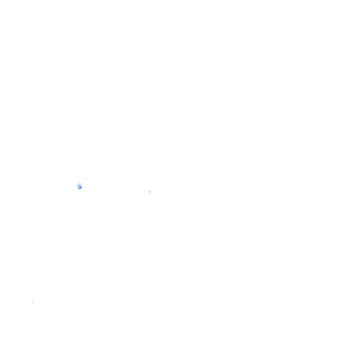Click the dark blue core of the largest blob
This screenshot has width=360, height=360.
[81, 187]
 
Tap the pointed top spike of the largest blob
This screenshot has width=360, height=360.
[79, 183]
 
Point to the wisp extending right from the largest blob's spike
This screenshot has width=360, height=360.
[82, 184]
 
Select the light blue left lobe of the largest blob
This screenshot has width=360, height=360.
[77, 186]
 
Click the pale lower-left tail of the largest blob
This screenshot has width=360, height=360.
[77, 189]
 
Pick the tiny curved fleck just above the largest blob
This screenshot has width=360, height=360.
[85, 179]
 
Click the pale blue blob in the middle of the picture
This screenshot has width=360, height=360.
[150, 192]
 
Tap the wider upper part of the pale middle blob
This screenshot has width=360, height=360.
[150, 191]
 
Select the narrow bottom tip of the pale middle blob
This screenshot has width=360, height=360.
[150, 194]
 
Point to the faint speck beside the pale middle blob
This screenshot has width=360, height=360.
[146, 189]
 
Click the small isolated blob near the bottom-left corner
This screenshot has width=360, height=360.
[32, 302]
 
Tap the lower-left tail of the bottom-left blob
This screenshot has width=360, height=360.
[31, 303]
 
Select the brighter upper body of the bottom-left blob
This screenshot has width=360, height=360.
[32, 302]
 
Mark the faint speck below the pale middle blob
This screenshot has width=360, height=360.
[154, 226]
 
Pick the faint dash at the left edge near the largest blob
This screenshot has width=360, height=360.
[27, 195]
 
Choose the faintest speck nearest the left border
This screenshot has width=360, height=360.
[12, 210]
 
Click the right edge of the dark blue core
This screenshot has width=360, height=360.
[82, 187]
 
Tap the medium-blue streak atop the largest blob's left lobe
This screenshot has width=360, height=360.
[78, 185]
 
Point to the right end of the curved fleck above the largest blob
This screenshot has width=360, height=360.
[86, 179]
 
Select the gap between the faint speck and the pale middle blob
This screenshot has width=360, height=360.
[148, 190]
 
